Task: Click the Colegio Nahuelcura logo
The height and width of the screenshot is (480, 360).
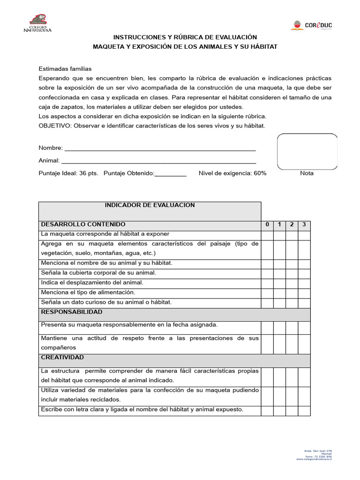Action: coord(37,24)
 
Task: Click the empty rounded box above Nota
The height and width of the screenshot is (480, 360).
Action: coord(307,151)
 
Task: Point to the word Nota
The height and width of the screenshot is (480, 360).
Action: coord(307,173)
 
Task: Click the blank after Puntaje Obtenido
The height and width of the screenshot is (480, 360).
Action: coord(170,173)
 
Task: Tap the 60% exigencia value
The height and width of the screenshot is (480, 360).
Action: coord(260,173)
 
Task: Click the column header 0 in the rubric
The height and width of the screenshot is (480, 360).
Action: coord(267,225)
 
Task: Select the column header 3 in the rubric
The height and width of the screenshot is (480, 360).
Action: coord(304,225)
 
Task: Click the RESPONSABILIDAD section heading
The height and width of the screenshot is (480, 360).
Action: coord(72,312)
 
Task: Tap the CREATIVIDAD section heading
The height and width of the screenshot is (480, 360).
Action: coord(62,357)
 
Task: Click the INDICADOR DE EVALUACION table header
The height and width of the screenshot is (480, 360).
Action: coord(150,205)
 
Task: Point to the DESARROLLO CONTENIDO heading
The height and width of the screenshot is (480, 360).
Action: coord(83,225)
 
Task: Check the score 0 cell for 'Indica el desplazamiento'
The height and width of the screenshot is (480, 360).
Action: coord(267,283)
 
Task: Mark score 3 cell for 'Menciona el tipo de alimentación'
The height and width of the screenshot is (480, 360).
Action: coord(304,292)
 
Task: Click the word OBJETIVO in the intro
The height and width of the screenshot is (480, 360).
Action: coord(54,126)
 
